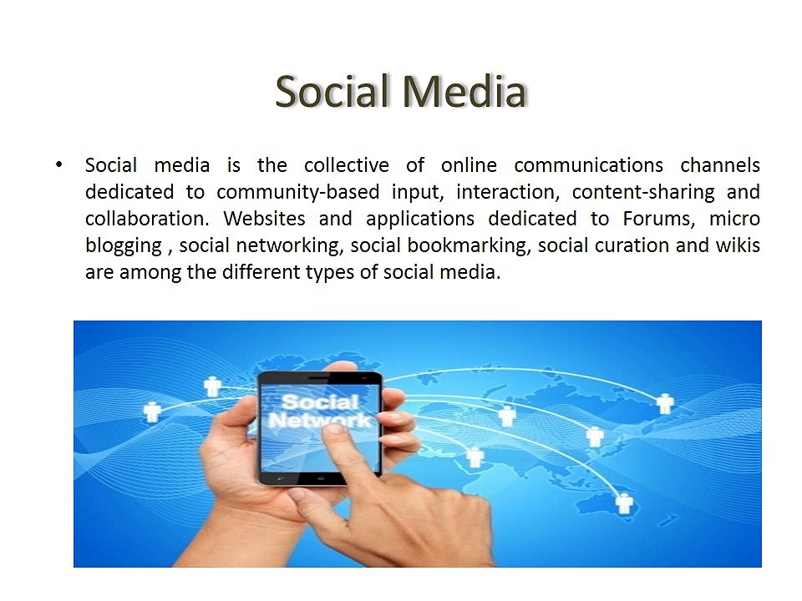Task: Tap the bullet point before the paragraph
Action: (58, 164)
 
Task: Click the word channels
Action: (720, 164)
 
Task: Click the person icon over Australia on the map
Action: (624, 503)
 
